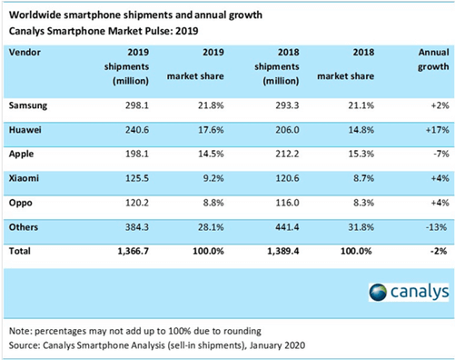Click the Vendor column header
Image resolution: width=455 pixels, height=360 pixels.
(25, 53)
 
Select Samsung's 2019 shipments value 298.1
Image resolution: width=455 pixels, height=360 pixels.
(137, 105)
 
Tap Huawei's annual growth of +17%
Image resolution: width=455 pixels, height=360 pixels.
(438, 130)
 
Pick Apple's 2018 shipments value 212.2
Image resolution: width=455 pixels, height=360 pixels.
(287, 154)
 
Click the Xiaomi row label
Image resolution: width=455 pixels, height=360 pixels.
(24, 178)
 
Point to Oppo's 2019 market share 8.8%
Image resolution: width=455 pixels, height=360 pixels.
(213, 203)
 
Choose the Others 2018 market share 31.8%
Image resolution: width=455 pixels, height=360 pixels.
(361, 227)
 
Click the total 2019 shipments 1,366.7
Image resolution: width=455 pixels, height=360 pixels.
(134, 251)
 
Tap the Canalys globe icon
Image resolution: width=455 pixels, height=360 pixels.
(378, 293)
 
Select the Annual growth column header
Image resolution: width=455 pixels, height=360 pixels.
(433, 59)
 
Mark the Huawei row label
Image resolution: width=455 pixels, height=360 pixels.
(25, 130)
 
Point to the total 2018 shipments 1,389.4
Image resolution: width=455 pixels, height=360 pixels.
(283, 251)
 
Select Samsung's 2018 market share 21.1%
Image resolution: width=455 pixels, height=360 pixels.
(361, 105)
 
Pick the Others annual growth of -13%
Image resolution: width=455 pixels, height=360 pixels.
(437, 227)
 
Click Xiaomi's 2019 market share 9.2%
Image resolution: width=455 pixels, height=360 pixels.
(213, 178)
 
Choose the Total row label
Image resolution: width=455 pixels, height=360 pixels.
(20, 251)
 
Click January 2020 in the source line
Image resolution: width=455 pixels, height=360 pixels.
(277, 345)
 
